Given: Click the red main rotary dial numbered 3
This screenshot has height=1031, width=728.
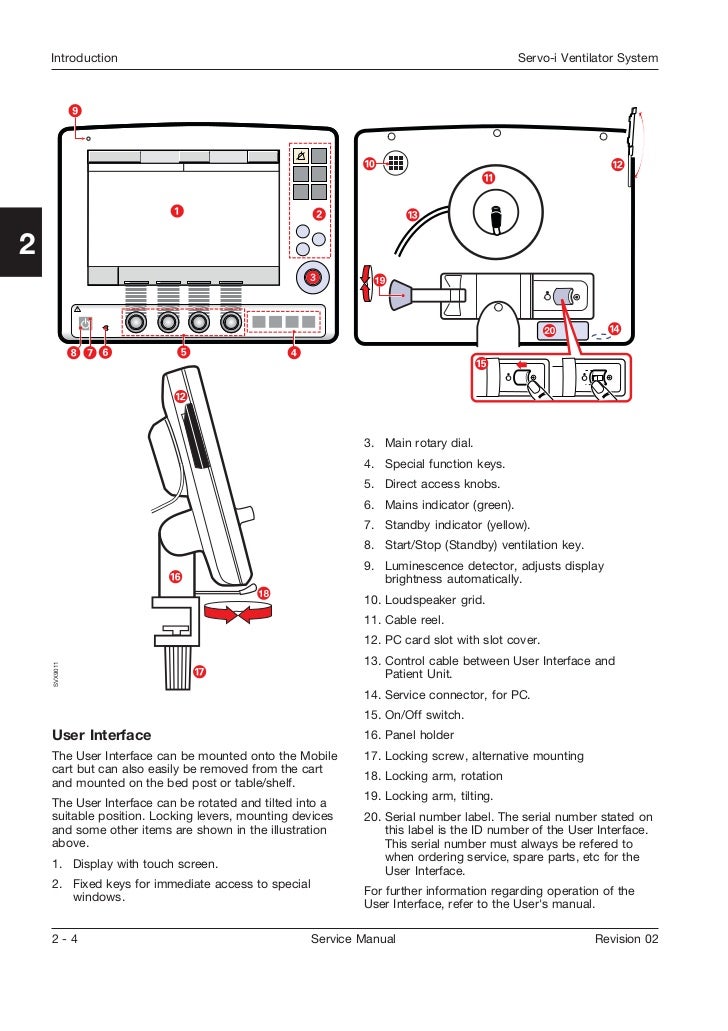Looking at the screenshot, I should tap(313, 277).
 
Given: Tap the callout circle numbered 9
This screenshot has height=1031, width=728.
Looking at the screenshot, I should tap(75, 110).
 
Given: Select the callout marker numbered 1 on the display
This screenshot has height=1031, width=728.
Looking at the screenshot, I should tap(176, 211).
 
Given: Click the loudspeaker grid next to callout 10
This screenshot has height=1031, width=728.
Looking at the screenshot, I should tap(396, 164).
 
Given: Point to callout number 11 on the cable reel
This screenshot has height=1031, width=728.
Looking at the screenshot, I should tap(488, 177).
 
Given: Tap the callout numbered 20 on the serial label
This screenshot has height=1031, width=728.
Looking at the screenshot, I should tap(549, 330).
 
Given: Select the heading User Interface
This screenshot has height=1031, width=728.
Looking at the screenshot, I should tap(101, 735).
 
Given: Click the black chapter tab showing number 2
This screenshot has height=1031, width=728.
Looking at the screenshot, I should tap(21, 243).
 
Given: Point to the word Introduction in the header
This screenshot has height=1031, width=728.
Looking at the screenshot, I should tap(84, 58).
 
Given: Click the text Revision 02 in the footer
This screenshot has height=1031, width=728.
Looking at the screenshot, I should tap(626, 939).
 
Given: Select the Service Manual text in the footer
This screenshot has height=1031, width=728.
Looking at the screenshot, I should tap(353, 939).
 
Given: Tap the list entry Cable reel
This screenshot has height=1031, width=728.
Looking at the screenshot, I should tap(414, 620).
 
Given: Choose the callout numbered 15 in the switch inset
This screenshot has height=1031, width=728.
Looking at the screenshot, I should tap(481, 364).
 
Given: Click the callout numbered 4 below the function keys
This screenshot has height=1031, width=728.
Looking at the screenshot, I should tap(294, 352).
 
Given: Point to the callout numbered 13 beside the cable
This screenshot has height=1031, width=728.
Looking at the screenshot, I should tap(412, 215).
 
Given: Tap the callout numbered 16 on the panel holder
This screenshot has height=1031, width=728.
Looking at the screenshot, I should tap(175, 577).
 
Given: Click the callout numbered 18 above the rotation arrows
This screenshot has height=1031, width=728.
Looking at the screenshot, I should tap(264, 593).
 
